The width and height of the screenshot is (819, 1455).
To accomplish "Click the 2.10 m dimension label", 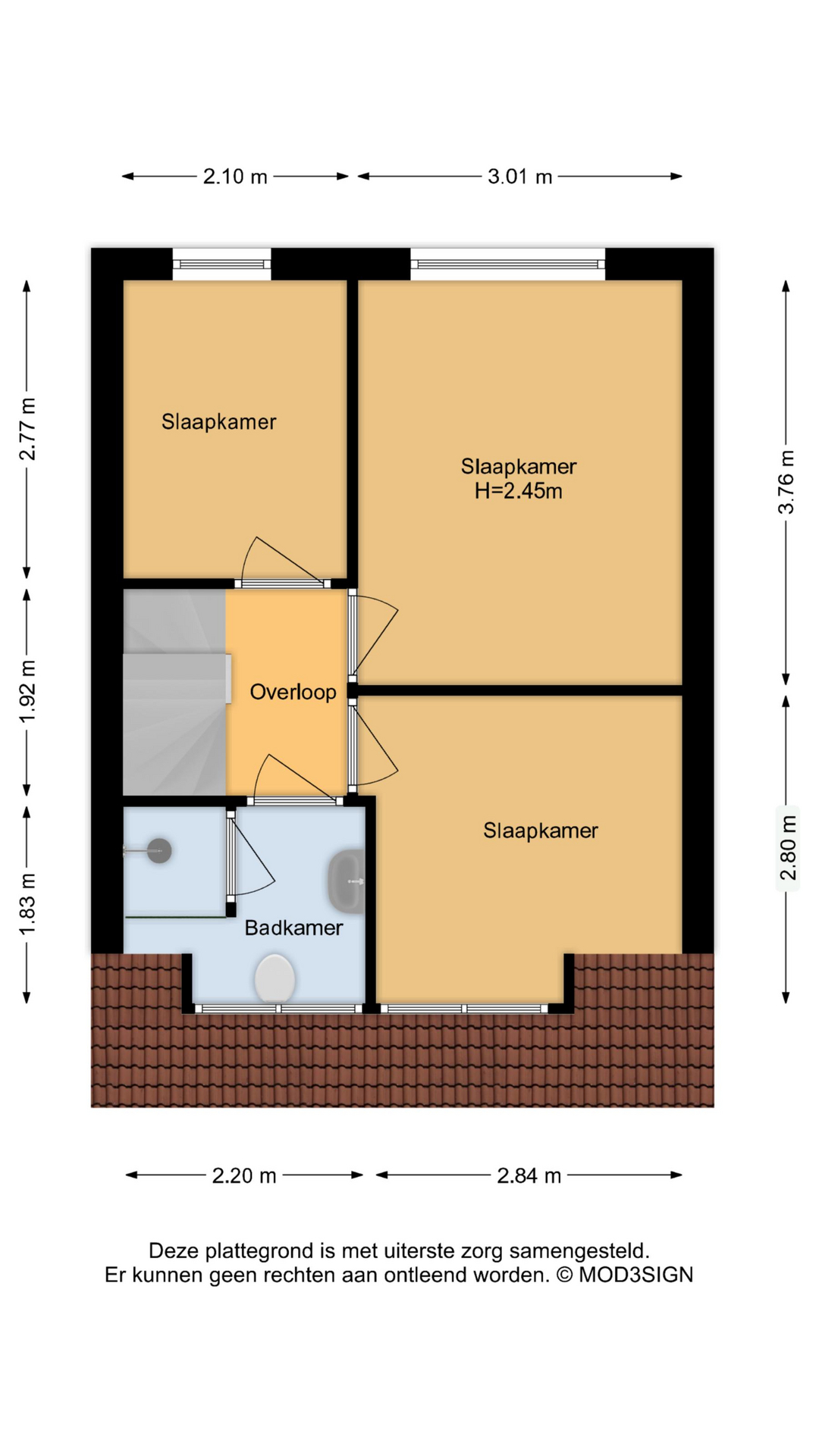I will tap(235, 177).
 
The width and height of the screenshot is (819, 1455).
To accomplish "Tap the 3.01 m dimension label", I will tap(519, 177).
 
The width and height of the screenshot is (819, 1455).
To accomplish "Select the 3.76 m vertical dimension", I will tap(786, 482).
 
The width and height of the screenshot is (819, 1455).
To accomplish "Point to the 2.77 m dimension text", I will tap(27, 428).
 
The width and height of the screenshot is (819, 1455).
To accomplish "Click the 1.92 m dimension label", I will tap(27, 691).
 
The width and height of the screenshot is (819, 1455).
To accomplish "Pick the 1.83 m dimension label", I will tap(27, 904).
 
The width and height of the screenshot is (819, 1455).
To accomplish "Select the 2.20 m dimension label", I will tap(244, 1175).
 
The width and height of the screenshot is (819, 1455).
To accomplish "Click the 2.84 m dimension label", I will tap(529, 1175).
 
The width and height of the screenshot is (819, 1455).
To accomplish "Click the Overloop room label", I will tap(293, 692).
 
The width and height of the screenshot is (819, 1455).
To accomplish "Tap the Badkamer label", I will tap(293, 928).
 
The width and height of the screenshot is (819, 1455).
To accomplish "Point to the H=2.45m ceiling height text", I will tap(519, 491).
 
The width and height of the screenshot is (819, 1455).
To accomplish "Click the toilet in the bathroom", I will tap(275, 978).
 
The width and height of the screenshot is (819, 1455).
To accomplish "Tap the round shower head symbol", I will tap(159, 851).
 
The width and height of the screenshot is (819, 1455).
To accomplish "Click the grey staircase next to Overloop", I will tap(174, 691).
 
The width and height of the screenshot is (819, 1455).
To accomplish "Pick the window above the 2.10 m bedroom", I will tap(221, 264).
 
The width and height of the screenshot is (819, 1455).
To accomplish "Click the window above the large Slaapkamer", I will tap(507, 264).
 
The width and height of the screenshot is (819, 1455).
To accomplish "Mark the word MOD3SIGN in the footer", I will tap(635, 1275).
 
